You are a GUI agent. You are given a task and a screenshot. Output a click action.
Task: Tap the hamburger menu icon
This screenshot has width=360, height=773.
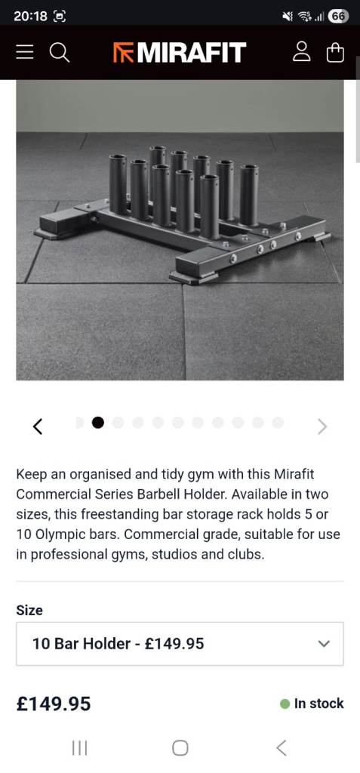point(25,52)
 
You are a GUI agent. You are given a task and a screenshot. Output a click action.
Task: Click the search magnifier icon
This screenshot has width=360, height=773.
point(60,52)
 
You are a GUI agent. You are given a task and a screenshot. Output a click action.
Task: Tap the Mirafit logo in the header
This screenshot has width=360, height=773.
point(180,52)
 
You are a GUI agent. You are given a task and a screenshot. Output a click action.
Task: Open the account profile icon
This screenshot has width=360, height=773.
point(301,52)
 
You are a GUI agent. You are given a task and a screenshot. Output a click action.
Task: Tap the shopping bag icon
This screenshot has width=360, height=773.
point(335,52)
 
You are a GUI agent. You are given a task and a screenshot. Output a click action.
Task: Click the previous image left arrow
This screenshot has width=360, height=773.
point(38,426)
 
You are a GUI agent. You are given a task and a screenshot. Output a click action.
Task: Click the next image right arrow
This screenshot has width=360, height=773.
point(322,427)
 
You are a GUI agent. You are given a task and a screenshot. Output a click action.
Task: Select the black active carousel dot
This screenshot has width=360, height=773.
point(98,423)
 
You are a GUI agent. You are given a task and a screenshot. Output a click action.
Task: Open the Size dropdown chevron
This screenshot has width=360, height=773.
point(324,643)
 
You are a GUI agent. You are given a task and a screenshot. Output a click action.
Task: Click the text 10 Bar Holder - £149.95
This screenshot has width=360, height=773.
point(118,643)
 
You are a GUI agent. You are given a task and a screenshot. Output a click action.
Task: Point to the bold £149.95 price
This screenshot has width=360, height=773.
point(54,704)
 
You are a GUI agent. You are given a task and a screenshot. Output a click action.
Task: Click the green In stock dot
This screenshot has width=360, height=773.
point(285,704)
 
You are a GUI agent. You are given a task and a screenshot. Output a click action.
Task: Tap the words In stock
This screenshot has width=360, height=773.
point(318,704)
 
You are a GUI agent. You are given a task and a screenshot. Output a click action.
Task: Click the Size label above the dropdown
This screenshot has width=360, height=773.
point(29,610)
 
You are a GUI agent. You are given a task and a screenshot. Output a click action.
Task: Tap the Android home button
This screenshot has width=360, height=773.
point(180,748)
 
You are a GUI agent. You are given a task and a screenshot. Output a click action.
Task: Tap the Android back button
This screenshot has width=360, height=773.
point(281,748)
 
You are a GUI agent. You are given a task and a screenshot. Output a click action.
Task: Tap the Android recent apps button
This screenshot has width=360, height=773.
point(79,748)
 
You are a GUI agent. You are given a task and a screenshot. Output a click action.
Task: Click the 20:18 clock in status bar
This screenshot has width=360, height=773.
point(31,17)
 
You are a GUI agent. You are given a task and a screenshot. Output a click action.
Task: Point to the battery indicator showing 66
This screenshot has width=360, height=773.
point(338,17)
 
